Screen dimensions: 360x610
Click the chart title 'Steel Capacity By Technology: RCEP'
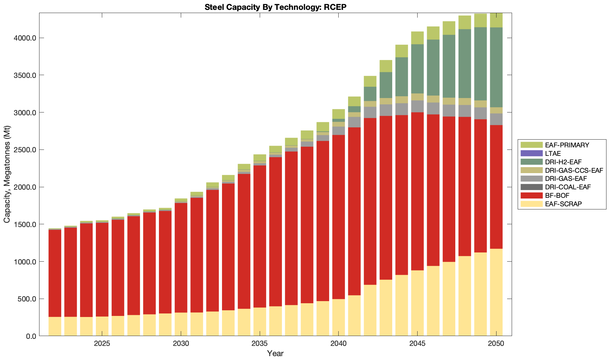pos(275,7)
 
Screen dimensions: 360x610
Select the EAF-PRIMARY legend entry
pos(567,145)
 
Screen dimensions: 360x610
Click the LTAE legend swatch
pos(531,153)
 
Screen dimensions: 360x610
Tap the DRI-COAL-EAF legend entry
pos(567,187)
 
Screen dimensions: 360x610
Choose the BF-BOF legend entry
pos(557,196)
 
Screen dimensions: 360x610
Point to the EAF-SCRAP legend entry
pos(563,204)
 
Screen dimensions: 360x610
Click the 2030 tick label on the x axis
pos(181,344)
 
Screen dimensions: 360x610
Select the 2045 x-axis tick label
pos(417,344)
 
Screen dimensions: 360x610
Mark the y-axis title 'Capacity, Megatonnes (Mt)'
pos(7,175)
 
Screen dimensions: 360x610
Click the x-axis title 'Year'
pos(275,354)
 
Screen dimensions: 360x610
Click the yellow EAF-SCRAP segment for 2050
pos(496,293)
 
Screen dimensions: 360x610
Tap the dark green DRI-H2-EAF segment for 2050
pos(496,67)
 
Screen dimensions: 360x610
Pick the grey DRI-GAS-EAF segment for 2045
pos(417,106)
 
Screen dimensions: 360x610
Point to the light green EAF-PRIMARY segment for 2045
pos(417,38)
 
